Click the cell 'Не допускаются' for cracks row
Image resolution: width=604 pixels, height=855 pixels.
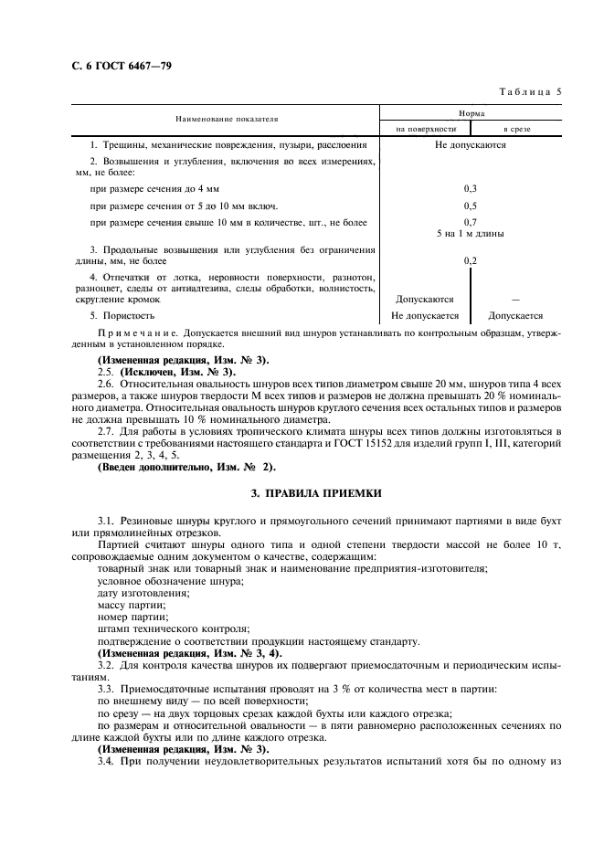(471, 144)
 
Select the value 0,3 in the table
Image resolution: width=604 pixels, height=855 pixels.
(471, 188)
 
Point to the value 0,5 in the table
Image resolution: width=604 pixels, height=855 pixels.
(471, 206)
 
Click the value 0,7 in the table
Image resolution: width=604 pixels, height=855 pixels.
(471, 222)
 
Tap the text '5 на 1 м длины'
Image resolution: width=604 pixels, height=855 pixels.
(471, 233)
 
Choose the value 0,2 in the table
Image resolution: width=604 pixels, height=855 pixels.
(471, 261)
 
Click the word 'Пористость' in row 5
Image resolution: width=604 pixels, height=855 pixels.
(129, 315)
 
